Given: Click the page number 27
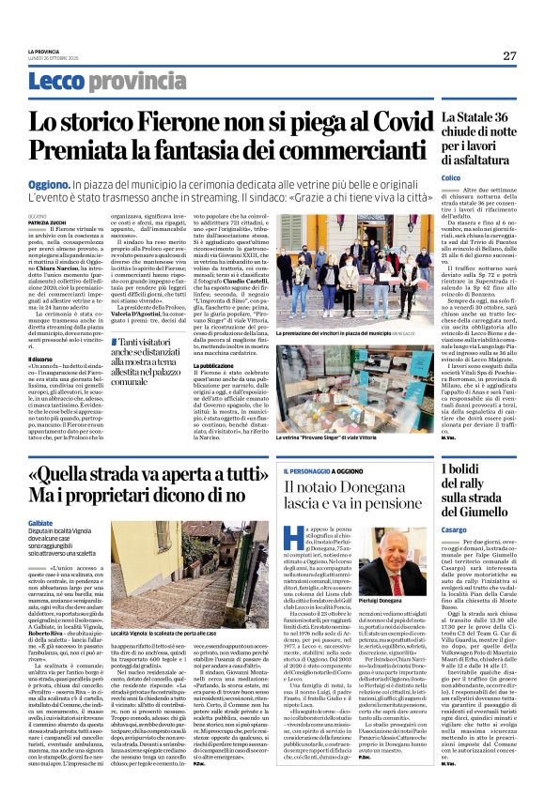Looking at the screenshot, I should [x=508, y=55].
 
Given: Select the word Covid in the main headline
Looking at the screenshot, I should [x=395, y=121].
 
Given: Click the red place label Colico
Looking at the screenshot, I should [x=451, y=177].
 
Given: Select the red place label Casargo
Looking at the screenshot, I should [x=454, y=529].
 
